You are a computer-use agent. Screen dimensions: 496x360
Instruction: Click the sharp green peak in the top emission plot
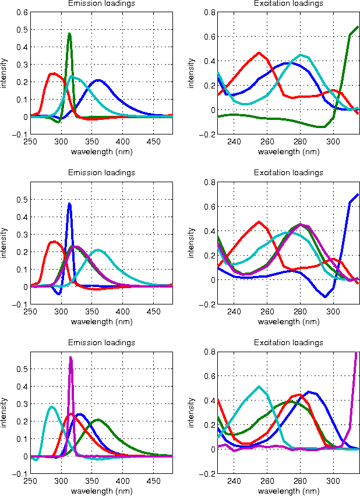(69, 34)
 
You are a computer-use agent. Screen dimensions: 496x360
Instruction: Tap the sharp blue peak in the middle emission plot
(69, 204)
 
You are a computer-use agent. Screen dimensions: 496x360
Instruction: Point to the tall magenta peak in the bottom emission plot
(70, 357)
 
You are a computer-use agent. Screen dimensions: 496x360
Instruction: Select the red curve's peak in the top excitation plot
(260, 53)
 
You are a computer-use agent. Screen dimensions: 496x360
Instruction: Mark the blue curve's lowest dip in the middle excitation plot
(326, 296)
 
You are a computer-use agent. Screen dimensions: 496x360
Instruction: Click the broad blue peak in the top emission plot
(98, 80)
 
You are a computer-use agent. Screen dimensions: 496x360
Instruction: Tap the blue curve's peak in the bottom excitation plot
(309, 392)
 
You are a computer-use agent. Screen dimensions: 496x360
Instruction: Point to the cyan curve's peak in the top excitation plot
(301, 55)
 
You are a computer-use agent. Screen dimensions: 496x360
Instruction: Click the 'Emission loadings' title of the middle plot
(101, 173)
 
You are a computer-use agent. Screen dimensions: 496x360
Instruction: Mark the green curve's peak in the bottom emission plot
(98, 420)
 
